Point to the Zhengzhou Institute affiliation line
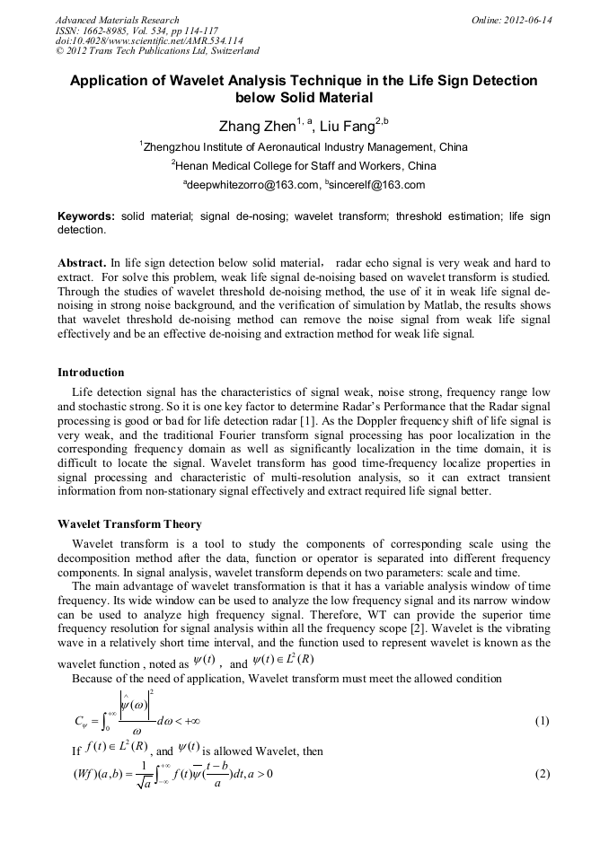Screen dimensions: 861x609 click(x=305, y=147)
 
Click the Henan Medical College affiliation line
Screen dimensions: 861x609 click(x=305, y=166)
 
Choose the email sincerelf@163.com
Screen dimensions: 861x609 click(x=375, y=185)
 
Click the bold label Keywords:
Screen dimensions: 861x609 click(x=86, y=217)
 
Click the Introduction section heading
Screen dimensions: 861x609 click(x=91, y=372)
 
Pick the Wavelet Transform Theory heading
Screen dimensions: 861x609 click(x=129, y=524)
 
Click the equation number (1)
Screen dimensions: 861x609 click(x=542, y=721)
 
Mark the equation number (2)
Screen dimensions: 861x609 click(x=542, y=775)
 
